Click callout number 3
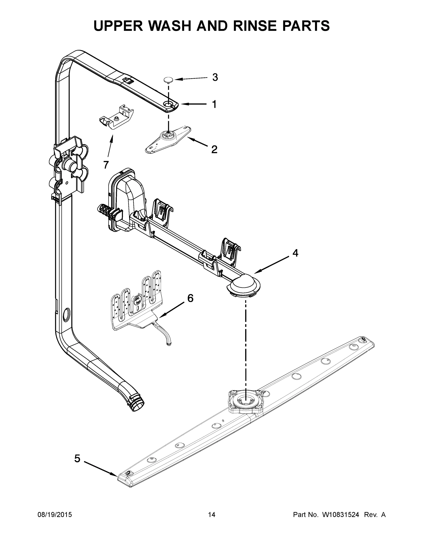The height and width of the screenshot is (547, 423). (215, 77)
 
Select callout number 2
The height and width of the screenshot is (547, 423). (214, 150)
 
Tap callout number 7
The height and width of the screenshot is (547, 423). (106, 165)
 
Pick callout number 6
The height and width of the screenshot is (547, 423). (190, 298)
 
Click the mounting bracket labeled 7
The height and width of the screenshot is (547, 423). (116, 118)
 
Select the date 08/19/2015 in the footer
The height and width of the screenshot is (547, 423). (55, 515)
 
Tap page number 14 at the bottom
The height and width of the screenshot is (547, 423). (212, 515)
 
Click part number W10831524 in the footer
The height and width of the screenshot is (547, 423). (340, 515)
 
